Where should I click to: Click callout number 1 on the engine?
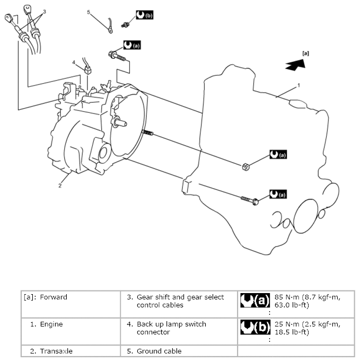point(298,85)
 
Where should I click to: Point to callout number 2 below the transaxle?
point(60,186)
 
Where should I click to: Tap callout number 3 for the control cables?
point(44,11)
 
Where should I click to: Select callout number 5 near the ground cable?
point(89,11)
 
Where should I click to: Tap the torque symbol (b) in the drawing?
point(144,15)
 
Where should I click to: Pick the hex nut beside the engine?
point(245,167)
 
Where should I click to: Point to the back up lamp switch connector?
point(87,69)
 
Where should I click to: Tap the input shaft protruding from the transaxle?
point(120,124)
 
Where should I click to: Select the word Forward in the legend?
point(54,297)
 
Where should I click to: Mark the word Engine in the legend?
point(51,324)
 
